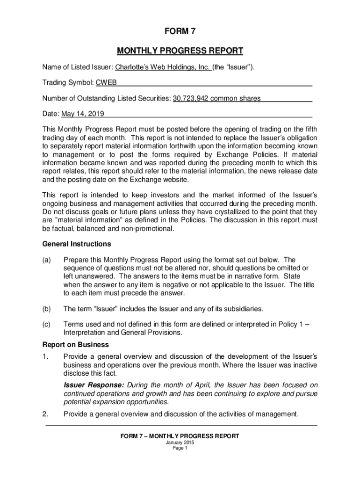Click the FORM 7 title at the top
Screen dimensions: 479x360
point(180,32)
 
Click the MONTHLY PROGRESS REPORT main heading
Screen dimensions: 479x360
point(180,51)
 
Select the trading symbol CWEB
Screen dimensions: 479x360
point(106,83)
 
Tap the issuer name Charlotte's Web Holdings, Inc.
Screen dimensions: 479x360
point(163,67)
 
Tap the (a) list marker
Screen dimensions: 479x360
point(46,260)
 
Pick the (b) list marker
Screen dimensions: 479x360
point(46,309)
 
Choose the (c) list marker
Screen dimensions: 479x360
point(46,324)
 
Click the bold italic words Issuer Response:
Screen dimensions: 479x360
point(94,385)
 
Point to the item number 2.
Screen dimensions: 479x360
point(45,414)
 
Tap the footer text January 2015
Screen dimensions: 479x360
point(180,443)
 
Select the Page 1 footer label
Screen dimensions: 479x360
point(180,448)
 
